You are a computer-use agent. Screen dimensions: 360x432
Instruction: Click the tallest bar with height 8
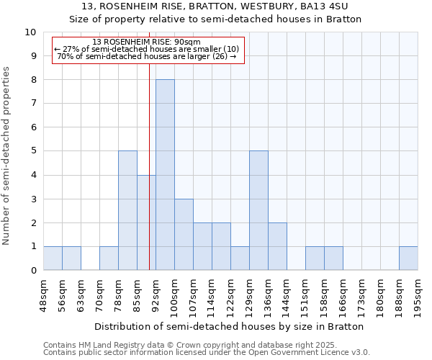[165, 175]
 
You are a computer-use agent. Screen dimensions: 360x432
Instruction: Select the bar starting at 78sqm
[127, 210]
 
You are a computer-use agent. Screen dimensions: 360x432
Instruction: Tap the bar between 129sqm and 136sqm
[258, 210]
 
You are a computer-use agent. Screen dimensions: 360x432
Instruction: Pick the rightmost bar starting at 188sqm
[408, 258]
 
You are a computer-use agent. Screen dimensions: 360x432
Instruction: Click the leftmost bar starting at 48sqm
[53, 258]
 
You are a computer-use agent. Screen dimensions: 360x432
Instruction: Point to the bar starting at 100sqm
[184, 235]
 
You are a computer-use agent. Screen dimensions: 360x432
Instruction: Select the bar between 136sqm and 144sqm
[277, 246]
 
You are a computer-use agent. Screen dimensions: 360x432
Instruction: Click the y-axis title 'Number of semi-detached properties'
[7, 156]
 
